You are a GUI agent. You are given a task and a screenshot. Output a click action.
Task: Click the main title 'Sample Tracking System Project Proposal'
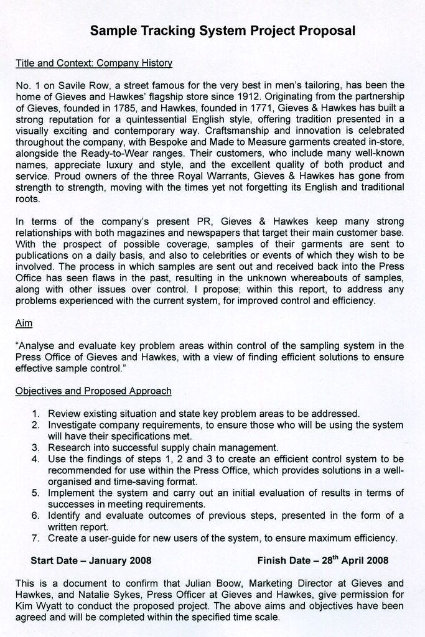pos(223,30)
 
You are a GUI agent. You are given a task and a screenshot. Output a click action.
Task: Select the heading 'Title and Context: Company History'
pos(93,63)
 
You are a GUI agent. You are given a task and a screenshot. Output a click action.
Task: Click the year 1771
pos(246,108)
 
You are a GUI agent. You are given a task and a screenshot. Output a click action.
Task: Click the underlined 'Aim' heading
pos(24,323)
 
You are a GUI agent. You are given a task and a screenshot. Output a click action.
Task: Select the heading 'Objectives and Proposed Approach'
pos(93,391)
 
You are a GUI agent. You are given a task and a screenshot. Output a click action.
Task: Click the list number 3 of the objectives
pos(36,447)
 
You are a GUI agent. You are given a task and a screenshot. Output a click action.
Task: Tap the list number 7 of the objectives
pos(36,538)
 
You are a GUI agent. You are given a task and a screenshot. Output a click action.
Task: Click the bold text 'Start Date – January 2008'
pos(91,560)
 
